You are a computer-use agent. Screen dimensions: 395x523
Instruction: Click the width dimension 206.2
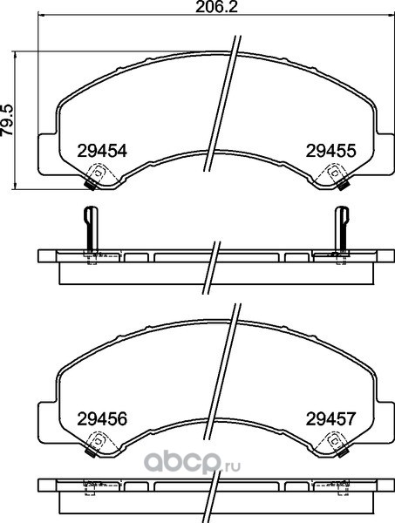[216, 7]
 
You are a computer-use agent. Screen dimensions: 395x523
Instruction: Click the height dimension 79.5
[7, 119]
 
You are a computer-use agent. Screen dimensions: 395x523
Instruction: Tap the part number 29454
[102, 151]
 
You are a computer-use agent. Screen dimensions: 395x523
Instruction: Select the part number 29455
[331, 151]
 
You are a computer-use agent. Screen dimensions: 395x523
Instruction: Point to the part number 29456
[102, 419]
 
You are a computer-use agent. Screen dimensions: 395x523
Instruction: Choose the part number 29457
[331, 419]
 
